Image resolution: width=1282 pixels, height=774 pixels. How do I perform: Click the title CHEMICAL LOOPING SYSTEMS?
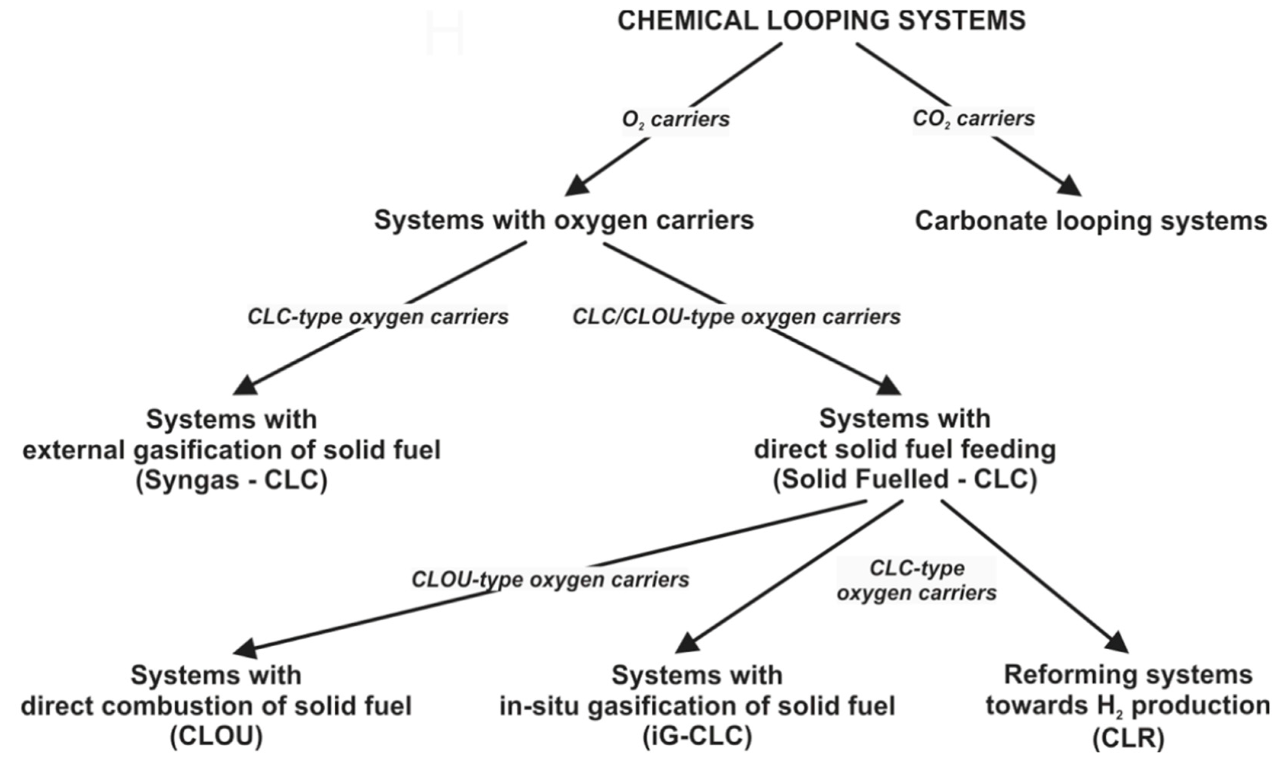point(821,21)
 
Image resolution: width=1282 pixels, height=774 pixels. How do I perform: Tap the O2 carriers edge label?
point(675,119)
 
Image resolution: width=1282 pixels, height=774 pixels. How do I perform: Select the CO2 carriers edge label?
point(973,118)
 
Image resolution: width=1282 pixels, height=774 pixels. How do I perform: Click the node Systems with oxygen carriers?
point(564,220)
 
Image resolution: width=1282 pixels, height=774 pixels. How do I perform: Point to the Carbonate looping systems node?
point(1091,221)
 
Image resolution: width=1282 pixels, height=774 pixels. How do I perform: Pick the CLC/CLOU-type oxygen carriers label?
point(736,316)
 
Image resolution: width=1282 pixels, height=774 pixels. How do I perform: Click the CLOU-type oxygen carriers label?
point(550,579)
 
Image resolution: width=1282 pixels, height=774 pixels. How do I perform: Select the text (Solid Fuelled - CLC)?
point(905,479)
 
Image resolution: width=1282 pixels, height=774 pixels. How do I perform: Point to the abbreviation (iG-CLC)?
point(697,736)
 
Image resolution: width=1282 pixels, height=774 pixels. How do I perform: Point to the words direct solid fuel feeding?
point(905,449)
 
